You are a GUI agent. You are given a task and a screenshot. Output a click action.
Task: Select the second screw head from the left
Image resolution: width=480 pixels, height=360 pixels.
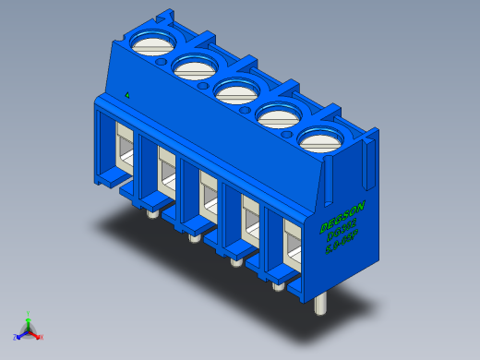(x=193, y=67)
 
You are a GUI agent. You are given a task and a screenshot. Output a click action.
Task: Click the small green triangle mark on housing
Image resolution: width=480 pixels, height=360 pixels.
(x=126, y=94)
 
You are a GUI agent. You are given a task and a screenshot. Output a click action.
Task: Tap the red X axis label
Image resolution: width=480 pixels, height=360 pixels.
(x=41, y=337)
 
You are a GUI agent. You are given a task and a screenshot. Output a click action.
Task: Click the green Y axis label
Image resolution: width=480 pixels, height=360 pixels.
(x=29, y=314)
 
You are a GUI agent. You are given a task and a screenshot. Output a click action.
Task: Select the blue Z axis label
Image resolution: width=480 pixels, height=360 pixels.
(x=16, y=337)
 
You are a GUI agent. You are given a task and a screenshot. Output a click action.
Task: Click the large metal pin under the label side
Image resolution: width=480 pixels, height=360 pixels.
(x=320, y=304)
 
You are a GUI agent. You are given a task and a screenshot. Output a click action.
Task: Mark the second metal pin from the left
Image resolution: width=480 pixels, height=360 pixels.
(x=193, y=238)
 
